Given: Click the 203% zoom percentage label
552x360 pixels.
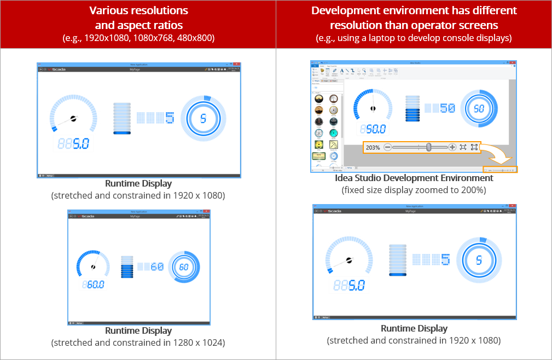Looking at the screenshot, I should [373, 148].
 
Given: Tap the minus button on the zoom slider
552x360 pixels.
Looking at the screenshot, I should [388, 147].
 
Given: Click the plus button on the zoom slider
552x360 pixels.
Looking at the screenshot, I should [452, 147].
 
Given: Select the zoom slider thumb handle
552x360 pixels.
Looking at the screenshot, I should [429, 147].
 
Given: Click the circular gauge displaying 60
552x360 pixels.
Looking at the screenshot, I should [183, 267].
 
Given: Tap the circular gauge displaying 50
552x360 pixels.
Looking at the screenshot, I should [479, 108].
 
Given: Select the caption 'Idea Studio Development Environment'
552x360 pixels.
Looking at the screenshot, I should [414, 178].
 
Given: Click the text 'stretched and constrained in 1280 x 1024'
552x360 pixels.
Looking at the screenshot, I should [138, 342].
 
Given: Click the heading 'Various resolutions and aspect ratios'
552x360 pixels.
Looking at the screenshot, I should [138, 18].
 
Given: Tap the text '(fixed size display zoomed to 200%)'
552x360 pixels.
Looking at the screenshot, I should [414, 190].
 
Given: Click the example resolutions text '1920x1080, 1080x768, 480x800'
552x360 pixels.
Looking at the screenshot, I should [138, 38].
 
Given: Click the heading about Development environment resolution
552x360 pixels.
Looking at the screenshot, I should [414, 18].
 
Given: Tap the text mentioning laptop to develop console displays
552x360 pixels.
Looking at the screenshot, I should [414, 38].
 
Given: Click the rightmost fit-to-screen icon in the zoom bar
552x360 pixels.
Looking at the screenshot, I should [474, 147].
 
